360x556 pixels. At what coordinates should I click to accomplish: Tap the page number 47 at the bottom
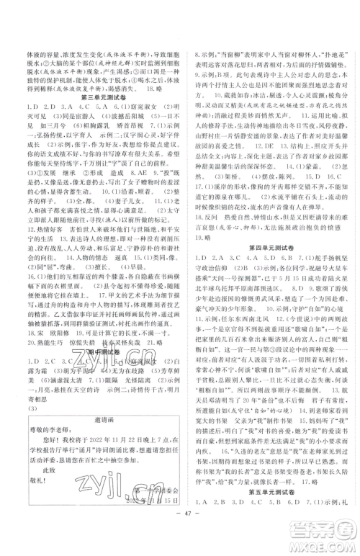pos(181,537)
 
